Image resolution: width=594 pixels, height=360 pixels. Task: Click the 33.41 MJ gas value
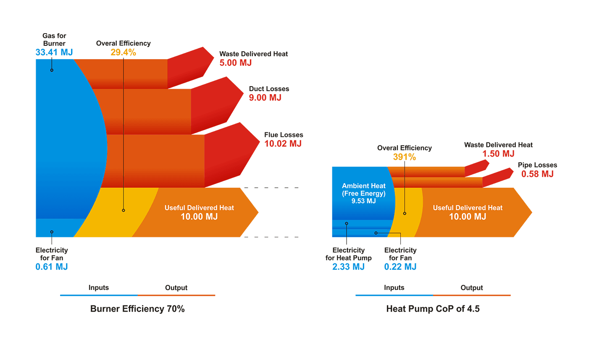54,52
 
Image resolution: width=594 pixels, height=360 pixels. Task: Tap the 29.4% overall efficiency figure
123,52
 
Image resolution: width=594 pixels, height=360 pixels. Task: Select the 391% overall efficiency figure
404,157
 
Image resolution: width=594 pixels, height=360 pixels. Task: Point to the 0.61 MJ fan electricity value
52,266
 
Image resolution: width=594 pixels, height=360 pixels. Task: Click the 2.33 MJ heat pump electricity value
348,266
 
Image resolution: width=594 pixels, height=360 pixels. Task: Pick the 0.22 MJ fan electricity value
400,266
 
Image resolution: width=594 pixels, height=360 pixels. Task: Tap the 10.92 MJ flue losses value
283,144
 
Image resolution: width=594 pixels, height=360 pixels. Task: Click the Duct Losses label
269,89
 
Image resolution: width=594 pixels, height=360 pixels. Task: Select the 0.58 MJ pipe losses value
537,173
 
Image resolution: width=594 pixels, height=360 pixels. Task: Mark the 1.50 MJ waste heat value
498,153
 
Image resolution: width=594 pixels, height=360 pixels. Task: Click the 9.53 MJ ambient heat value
363,201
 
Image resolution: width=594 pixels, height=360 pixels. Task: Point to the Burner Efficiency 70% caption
137,309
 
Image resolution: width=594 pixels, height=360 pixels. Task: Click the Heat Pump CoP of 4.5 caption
433,309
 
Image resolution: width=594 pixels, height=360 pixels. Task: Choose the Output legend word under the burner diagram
176,288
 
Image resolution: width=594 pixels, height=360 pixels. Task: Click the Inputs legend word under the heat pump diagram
394,288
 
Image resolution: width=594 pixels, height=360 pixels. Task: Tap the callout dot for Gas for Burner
52,70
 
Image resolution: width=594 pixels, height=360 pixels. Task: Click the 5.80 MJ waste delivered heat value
235,63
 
